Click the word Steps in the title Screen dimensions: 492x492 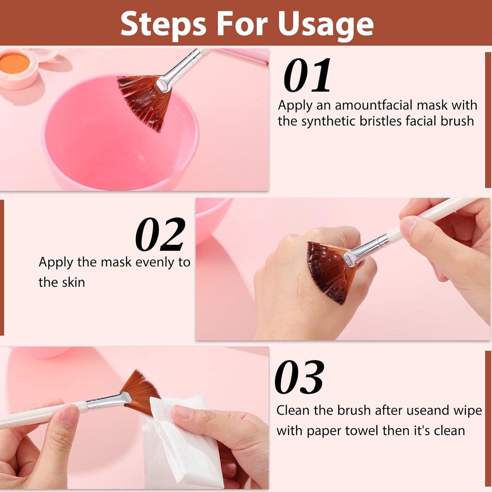163,24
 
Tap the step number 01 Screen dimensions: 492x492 307,75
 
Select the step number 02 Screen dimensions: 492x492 160,235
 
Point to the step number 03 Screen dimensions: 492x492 299,377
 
